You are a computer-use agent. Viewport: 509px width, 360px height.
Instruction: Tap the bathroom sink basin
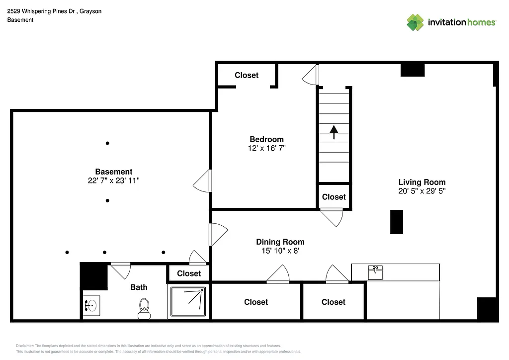[91, 305]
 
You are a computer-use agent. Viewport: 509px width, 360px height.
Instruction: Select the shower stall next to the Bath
[188, 302]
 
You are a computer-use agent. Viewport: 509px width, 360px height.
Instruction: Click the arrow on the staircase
[334, 132]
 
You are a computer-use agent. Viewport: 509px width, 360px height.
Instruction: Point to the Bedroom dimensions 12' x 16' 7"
[266, 148]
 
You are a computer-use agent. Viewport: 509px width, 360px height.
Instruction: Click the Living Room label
[422, 182]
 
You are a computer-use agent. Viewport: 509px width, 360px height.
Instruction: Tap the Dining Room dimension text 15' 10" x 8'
[280, 251]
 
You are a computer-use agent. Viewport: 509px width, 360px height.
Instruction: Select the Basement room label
[114, 172]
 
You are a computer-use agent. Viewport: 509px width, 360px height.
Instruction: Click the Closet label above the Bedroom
[247, 75]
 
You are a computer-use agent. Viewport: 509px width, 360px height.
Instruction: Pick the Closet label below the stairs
[334, 197]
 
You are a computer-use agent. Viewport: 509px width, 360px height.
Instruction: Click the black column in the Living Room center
[396, 222]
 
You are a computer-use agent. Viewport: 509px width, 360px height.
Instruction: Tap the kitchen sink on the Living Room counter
[375, 272]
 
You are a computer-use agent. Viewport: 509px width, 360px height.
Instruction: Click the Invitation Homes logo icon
[415, 22]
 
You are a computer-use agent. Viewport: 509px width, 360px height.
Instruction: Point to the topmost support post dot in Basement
[107, 143]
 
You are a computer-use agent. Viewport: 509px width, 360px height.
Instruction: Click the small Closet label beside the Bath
[189, 273]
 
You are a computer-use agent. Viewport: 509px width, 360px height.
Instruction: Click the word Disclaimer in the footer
[24, 346]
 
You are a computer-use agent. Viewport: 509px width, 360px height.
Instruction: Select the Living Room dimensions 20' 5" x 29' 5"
[422, 191]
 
